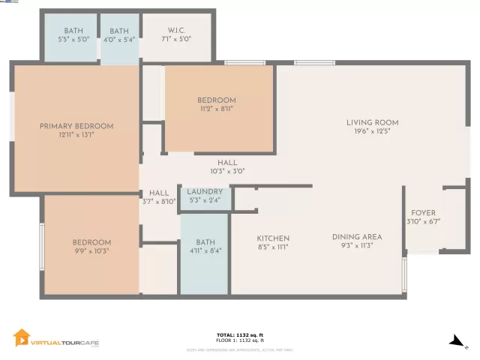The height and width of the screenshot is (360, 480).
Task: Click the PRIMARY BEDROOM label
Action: point(76,126)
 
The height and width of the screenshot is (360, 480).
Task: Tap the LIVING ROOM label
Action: point(372,122)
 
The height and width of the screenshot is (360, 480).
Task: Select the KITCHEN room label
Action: point(273,238)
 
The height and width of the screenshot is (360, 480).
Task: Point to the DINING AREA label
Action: point(357,236)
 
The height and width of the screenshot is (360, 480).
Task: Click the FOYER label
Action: point(423,213)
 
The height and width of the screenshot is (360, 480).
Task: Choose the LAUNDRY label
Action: point(205,192)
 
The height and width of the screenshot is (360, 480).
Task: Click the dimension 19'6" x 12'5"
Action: point(372,131)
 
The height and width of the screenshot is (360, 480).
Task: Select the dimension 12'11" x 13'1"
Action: point(76,135)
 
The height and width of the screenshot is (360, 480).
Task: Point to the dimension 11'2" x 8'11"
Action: point(217,109)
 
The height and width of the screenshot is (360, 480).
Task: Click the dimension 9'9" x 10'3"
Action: point(91,251)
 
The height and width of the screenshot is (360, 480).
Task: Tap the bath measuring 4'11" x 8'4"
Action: point(205,247)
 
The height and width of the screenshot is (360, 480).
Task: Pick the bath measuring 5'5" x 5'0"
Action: point(69,35)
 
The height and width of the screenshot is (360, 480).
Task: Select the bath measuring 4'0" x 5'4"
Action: point(120,35)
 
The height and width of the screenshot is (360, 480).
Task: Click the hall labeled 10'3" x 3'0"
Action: point(227,166)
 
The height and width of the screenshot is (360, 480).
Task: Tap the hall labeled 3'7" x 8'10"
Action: point(159,196)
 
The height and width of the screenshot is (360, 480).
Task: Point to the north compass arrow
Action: point(456,341)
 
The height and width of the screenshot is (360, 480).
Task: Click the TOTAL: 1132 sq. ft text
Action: point(240,334)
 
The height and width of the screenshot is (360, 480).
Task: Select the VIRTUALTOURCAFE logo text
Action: point(64,342)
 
